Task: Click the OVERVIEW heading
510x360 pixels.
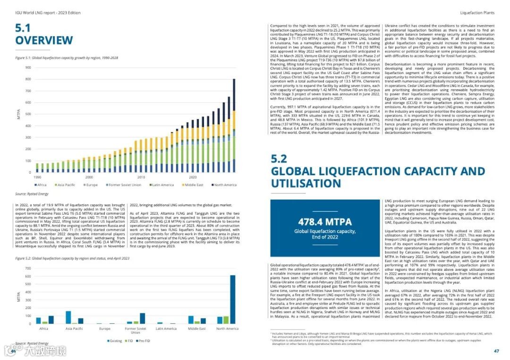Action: coord(44,41)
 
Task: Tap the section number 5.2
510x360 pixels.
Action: coord(279,159)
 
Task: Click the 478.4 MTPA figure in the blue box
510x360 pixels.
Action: coord(325,222)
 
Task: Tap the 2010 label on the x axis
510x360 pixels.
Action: coord(141,177)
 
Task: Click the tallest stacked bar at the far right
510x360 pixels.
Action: coord(234,125)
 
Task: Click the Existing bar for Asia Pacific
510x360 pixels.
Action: coord(68,317)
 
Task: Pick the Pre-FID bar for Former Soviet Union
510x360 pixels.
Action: coord(143,318)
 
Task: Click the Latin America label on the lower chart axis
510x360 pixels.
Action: coord(166,328)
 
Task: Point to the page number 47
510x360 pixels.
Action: coord(496,351)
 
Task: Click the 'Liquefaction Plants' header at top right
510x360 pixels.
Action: coord(477,13)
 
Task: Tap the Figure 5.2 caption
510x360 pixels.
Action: coord(72,259)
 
